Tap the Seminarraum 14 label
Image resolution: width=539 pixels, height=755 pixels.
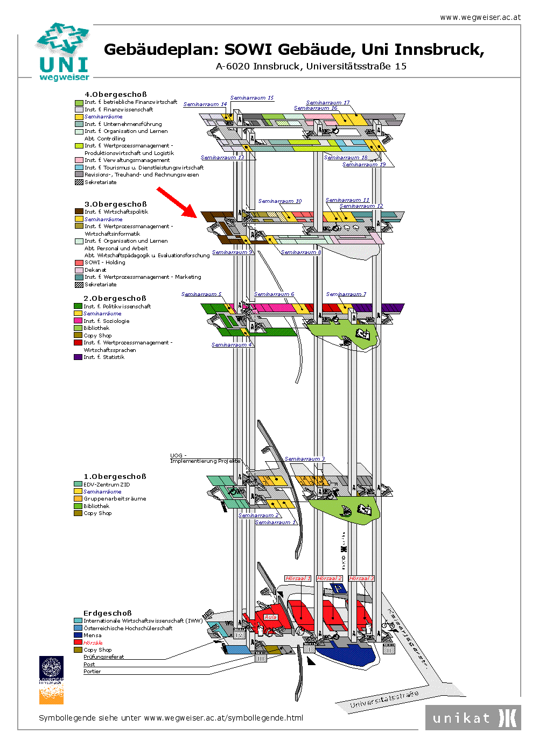(x=205, y=104)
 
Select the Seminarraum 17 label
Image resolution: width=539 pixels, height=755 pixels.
(x=327, y=102)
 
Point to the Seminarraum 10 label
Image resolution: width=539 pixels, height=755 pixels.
(x=279, y=201)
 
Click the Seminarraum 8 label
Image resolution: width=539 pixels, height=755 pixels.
(x=300, y=252)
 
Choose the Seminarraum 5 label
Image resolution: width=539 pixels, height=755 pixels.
(x=201, y=294)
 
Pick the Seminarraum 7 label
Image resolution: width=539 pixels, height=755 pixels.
(x=346, y=294)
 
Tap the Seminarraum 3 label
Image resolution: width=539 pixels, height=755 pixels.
(x=305, y=459)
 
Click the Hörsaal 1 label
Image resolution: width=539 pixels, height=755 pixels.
(x=298, y=578)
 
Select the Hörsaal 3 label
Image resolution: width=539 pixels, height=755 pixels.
(x=361, y=578)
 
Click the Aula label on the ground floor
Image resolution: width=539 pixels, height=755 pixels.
(x=270, y=617)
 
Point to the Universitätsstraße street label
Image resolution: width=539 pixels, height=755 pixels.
(x=384, y=699)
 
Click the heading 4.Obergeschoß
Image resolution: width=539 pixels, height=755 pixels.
(x=115, y=94)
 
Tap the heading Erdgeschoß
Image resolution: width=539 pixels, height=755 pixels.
(x=107, y=613)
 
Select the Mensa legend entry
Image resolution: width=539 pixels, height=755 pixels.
(x=92, y=635)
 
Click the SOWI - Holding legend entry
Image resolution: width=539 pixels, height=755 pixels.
(x=104, y=263)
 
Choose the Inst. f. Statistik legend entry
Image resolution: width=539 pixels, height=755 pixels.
(x=103, y=357)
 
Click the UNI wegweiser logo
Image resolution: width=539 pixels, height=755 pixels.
(x=64, y=52)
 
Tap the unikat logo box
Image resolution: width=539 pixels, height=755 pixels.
(x=473, y=717)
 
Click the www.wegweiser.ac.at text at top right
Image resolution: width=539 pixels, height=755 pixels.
(x=480, y=17)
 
